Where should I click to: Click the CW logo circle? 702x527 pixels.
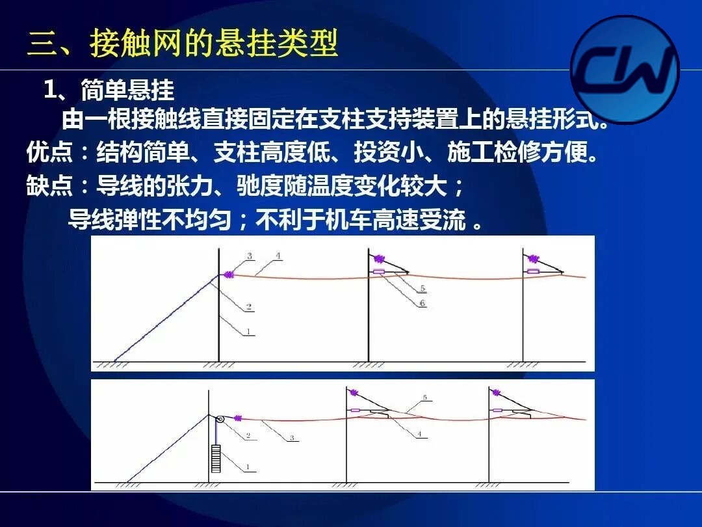pos(625,70)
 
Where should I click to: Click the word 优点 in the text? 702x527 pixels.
pos(49,152)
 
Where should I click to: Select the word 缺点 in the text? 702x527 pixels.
pos(49,185)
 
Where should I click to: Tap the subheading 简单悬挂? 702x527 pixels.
pos(127,90)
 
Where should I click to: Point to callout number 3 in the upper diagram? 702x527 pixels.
pos(250,256)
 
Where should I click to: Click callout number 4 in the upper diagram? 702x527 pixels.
pos(278,256)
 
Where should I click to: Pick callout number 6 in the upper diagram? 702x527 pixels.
pos(422,303)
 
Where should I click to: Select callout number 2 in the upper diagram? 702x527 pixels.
pos(249,307)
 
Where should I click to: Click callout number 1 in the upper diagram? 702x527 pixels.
pos(248,332)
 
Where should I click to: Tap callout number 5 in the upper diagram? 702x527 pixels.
pos(422,288)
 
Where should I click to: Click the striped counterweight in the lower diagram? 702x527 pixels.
pos(216,459)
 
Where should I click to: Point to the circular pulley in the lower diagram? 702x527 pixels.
pos(220,420)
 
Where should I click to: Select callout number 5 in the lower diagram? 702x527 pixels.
pos(425,397)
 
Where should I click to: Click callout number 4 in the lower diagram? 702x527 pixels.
pos(419,434)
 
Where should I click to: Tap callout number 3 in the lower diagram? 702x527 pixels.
pos(292,438)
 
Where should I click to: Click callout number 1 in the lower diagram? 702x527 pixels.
pos(248,467)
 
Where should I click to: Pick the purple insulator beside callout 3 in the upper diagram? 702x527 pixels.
pos(228,275)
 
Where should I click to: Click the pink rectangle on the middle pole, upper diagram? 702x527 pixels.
pos(379,271)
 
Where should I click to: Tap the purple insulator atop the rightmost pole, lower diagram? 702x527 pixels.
pos(495,393)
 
